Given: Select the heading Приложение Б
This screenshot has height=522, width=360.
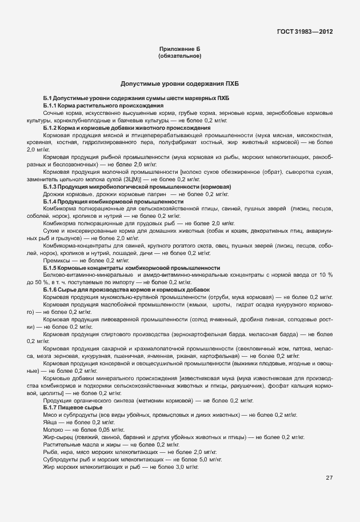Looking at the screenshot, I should [x=179, y=50].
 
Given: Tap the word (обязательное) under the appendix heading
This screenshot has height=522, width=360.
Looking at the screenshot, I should [x=179, y=57].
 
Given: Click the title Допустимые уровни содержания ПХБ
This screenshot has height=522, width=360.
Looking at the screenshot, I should [x=179, y=83].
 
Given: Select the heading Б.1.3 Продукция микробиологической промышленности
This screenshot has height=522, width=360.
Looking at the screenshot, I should [x=137, y=186].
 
